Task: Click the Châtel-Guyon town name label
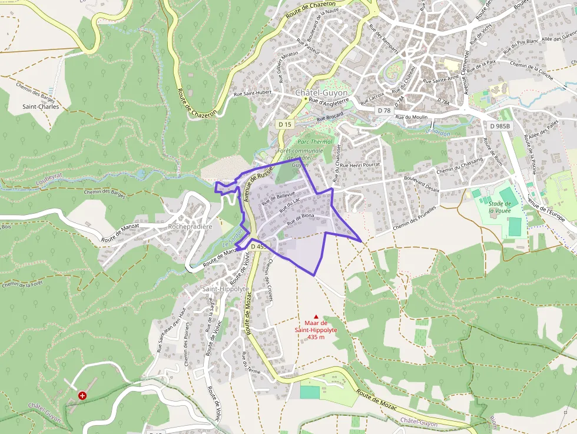(321, 93)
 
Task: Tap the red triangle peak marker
(316, 316)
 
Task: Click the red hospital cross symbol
(82, 396)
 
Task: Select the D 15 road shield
(285, 124)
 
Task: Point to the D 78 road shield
(384, 111)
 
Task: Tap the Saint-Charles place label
(41, 107)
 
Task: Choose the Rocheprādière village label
(190, 226)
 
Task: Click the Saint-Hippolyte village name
(225, 289)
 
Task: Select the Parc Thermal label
(315, 142)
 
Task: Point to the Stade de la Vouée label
(500, 207)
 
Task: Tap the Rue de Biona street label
(300, 220)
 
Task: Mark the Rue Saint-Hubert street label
(253, 92)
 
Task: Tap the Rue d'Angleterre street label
(330, 101)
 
